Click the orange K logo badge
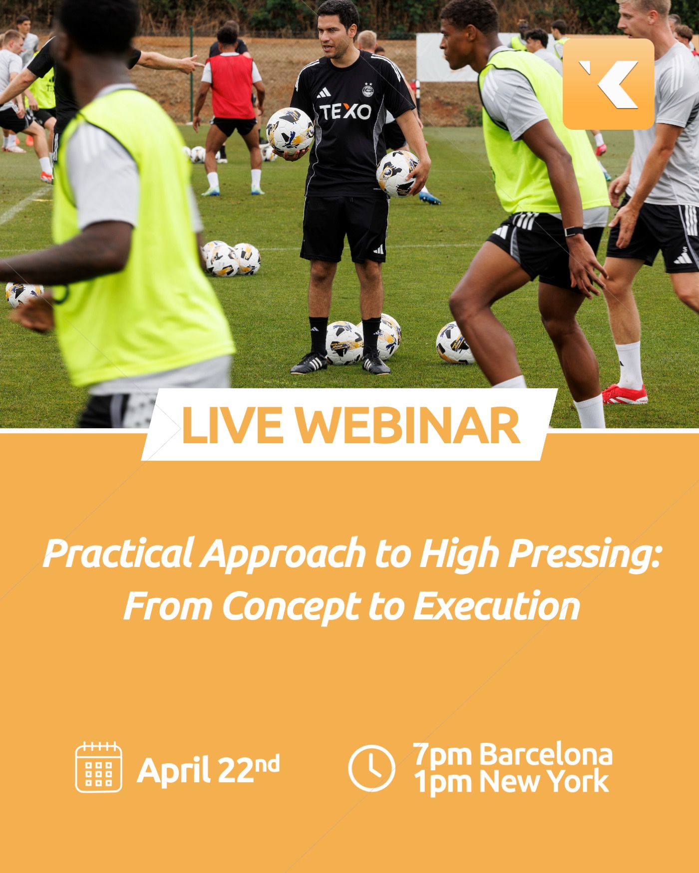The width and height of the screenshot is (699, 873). pyautogui.click(x=608, y=84)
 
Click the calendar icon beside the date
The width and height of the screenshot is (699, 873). pyautogui.click(x=98, y=767)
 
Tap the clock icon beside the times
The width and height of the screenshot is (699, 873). pyautogui.click(x=371, y=768)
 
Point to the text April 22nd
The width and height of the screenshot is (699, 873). pyautogui.click(x=208, y=769)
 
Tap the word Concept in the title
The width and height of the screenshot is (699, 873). pyautogui.click(x=291, y=607)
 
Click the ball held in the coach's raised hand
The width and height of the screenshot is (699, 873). pyautogui.click(x=290, y=131)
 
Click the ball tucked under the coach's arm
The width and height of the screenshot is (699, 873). pyautogui.click(x=397, y=173)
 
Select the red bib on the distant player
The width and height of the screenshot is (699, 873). pyautogui.click(x=231, y=86)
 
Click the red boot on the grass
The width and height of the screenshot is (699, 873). pyautogui.click(x=624, y=394)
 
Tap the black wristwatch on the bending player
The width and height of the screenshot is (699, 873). pyautogui.click(x=573, y=232)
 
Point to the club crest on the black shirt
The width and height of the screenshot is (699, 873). pyautogui.click(x=368, y=90)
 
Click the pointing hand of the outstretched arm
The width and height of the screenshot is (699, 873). pyautogui.click(x=192, y=63)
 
